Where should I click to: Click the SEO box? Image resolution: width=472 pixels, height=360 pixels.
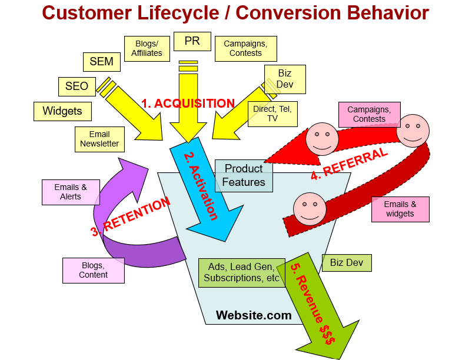click(x=77, y=86)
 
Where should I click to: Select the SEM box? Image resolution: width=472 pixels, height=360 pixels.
click(x=102, y=62)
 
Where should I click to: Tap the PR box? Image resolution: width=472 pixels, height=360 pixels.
click(x=192, y=42)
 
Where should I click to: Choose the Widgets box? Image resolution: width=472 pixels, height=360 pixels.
click(x=62, y=111)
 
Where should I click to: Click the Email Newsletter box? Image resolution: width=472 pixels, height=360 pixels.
click(x=99, y=139)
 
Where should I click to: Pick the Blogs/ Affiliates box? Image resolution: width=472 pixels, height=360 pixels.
click(x=147, y=49)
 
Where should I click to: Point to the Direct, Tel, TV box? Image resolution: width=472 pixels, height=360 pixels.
click(x=272, y=114)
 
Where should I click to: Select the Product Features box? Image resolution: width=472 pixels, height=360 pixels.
click(x=244, y=176)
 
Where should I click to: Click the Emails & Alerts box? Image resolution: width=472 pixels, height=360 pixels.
click(x=71, y=192)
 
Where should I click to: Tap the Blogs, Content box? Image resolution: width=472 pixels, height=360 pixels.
click(x=94, y=271)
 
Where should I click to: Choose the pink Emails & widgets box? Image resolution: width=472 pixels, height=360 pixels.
click(x=400, y=209)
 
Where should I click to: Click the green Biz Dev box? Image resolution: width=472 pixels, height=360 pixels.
click(x=347, y=263)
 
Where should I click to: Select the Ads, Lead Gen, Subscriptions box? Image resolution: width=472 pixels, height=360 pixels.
click(x=242, y=272)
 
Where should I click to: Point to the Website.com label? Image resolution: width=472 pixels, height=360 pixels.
click(x=254, y=315)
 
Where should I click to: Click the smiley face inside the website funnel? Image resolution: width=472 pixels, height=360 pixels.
click(x=310, y=209)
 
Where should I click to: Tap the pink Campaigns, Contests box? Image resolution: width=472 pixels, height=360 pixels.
click(x=370, y=114)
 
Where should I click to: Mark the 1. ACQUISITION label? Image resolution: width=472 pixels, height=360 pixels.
click(x=188, y=104)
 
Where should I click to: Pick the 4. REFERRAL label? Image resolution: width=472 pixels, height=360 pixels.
click(x=349, y=164)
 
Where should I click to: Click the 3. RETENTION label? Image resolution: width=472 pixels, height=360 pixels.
click(x=131, y=216)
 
